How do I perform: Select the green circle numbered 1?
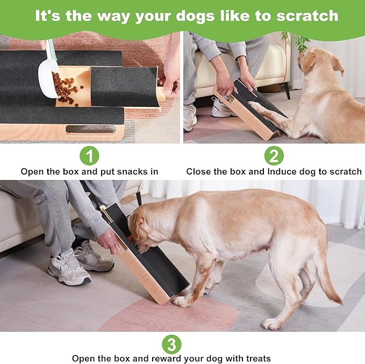tap(89, 156)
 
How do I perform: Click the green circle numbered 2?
tap(274, 156)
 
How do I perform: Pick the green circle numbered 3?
tap(171, 344)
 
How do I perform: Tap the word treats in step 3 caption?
tap(254, 358)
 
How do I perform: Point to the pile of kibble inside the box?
tap(67, 89)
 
